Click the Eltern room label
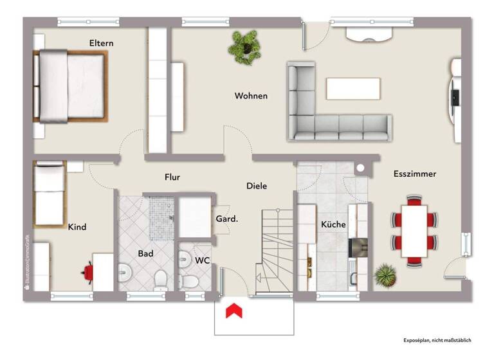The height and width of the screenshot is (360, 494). click(101, 43)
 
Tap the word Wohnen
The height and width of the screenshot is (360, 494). click(251, 96)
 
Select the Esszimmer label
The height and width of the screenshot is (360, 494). click(415, 174)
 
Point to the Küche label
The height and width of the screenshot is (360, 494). click(333, 224)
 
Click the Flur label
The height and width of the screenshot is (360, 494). click(172, 177)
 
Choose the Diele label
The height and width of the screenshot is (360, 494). click(257, 186)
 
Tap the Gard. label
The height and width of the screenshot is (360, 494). click(226, 219)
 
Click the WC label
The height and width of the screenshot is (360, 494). click(202, 260)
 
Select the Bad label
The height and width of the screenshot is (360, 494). click(145, 253)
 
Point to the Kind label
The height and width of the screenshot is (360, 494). click(77, 227)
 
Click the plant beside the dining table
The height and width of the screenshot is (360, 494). click(385, 274)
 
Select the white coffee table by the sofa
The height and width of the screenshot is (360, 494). click(352, 88)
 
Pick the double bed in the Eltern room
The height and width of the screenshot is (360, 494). click(71, 87)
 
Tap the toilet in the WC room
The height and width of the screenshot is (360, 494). click(189, 280)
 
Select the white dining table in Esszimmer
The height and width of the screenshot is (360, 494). click(415, 231)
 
